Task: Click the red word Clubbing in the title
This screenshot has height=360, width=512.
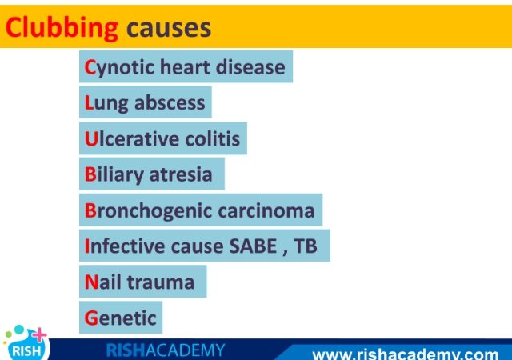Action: (x=62, y=29)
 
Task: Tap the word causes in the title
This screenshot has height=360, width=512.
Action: (x=169, y=28)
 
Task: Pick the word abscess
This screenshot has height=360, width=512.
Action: (x=170, y=102)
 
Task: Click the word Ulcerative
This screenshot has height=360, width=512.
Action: (x=131, y=138)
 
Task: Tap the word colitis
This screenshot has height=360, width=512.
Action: (x=213, y=138)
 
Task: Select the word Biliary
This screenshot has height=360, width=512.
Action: (x=114, y=175)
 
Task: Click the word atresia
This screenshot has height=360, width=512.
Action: (x=181, y=174)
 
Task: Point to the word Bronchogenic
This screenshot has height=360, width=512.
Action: (x=148, y=211)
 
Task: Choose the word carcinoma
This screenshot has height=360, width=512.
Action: (x=266, y=210)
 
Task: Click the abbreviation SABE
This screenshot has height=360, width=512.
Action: (x=254, y=246)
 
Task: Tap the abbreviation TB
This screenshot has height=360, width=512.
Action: (x=306, y=246)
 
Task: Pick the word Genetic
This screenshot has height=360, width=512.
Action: (x=120, y=318)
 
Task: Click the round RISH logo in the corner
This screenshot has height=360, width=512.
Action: (x=26, y=344)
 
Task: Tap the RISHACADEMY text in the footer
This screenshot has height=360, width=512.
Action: (x=166, y=350)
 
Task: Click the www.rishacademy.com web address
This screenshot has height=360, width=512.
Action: (x=406, y=354)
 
